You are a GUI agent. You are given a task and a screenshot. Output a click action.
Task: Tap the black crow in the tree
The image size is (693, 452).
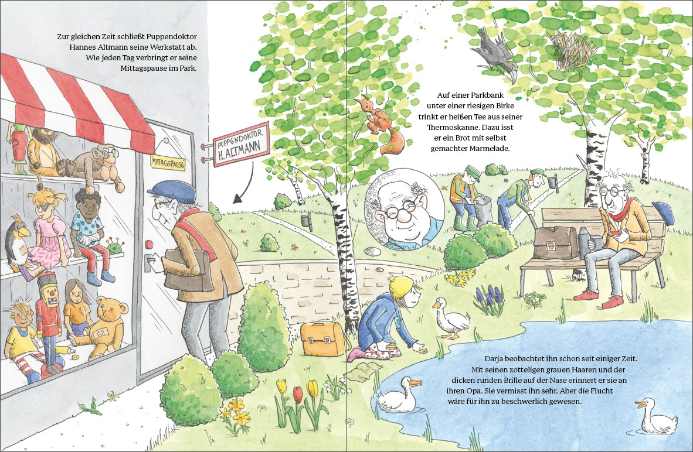pyautogui.click(x=497, y=52)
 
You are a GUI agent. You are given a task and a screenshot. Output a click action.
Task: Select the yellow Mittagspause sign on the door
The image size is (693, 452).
pyautogui.click(x=168, y=162)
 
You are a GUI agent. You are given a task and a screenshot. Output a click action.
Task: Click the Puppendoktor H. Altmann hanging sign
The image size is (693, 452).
pyautogui.click(x=242, y=144)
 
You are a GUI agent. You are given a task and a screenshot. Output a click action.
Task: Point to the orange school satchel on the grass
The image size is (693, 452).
pyautogui.click(x=323, y=338)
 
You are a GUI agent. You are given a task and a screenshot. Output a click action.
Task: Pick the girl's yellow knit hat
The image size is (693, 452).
pyautogui.click(x=401, y=287)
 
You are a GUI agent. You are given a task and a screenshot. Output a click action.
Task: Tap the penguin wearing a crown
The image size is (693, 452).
pyautogui.click(x=18, y=241)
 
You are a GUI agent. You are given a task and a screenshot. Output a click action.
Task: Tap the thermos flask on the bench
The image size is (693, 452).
pyautogui.click(x=585, y=243)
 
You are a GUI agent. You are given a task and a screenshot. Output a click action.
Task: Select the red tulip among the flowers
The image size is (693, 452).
pyautogui.click(x=299, y=393)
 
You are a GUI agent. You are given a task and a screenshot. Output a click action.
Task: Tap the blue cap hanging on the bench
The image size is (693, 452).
pyautogui.click(x=663, y=213)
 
